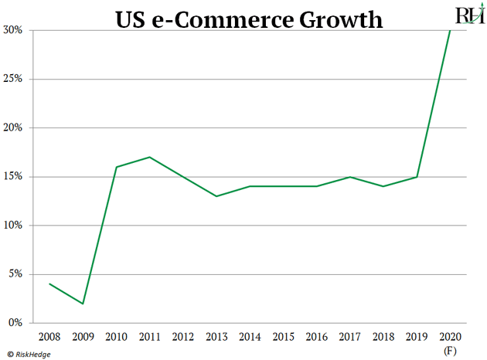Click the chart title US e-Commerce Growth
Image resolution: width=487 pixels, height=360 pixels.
[x=249, y=19]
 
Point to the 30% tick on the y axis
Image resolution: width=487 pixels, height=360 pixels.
[x=14, y=30]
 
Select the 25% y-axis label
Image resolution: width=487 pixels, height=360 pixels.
[x=14, y=79]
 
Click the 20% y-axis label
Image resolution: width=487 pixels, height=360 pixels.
[x=14, y=127]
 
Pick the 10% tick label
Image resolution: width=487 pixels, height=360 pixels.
[x=14, y=226]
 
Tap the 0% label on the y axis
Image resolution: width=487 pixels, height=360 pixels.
[x=16, y=323]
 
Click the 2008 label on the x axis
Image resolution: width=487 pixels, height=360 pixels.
[x=49, y=338]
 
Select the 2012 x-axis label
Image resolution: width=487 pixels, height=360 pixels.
[x=183, y=338]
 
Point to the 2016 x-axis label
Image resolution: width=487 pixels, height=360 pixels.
[x=317, y=338]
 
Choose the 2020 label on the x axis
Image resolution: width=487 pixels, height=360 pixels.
[x=450, y=338]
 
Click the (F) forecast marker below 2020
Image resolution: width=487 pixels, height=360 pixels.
[x=450, y=352]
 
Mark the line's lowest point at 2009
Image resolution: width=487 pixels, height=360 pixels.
[x=83, y=304]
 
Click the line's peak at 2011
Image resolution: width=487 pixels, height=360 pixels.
[x=149, y=158]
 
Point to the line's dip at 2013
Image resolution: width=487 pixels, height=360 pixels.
[x=216, y=196]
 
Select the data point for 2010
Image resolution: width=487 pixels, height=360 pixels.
[x=116, y=167]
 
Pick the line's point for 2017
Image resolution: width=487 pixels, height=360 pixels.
[x=350, y=177]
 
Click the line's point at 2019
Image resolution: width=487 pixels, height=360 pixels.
[x=417, y=177]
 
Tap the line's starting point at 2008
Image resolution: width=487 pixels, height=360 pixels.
[x=49, y=284]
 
